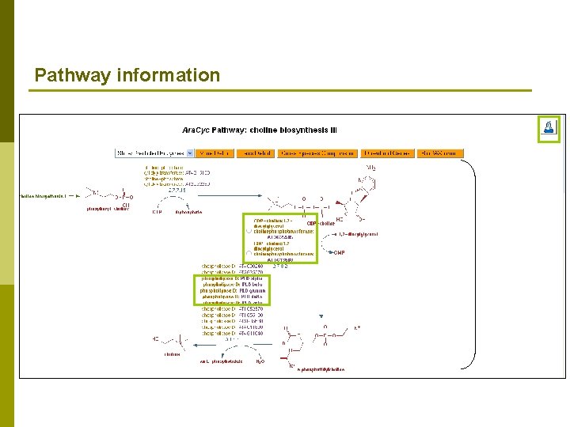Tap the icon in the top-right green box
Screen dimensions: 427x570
click(x=549, y=128)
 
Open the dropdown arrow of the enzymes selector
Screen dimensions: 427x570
click(x=189, y=153)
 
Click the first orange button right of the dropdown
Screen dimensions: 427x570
click(x=215, y=153)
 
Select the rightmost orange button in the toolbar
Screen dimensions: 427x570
click(x=441, y=153)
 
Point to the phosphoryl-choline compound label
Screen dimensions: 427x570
click(x=108, y=210)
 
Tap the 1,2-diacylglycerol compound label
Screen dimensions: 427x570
click(x=358, y=234)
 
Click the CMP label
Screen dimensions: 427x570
click(x=340, y=252)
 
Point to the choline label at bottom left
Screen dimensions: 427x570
click(x=172, y=354)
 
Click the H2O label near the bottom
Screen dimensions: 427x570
click(x=260, y=361)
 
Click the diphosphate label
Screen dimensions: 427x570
click(x=188, y=212)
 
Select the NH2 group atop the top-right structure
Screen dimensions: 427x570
click(x=370, y=168)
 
